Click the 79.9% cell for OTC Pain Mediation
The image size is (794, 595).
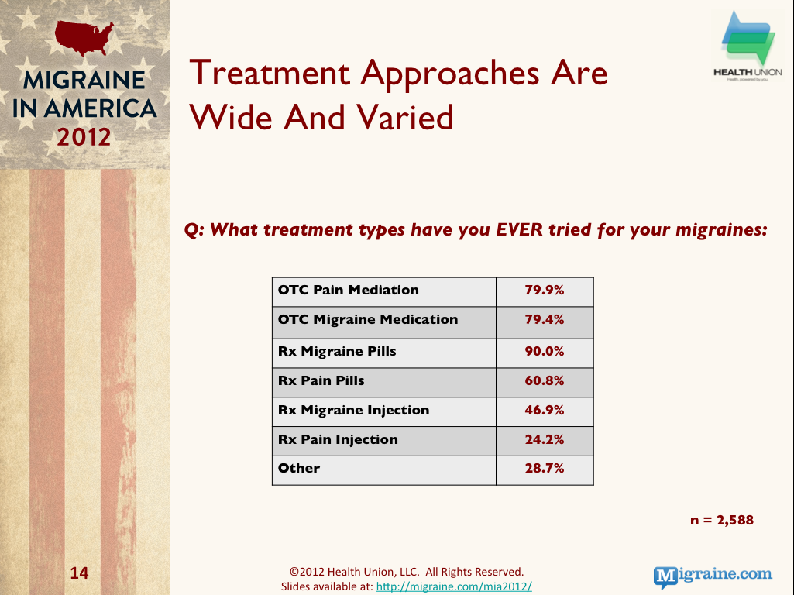(x=545, y=291)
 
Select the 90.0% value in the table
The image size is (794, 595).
(x=545, y=352)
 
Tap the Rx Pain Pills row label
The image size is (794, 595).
(x=321, y=381)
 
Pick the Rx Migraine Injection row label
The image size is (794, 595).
(x=353, y=410)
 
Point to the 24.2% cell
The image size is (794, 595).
(x=545, y=439)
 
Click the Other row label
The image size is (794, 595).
(x=299, y=469)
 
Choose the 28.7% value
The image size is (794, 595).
(x=545, y=469)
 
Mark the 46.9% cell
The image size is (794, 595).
(x=545, y=410)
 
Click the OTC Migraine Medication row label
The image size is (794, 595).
(x=368, y=319)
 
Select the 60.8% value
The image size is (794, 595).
(x=545, y=381)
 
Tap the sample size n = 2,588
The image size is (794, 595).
(x=722, y=520)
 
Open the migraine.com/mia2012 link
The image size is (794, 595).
(x=454, y=586)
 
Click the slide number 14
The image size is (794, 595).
(x=79, y=573)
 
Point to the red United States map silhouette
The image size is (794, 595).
(x=84, y=37)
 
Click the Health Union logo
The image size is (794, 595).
(x=748, y=46)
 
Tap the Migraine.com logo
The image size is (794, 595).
(x=713, y=576)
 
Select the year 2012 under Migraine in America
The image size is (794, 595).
(x=84, y=137)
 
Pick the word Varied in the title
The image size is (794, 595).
(x=404, y=118)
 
